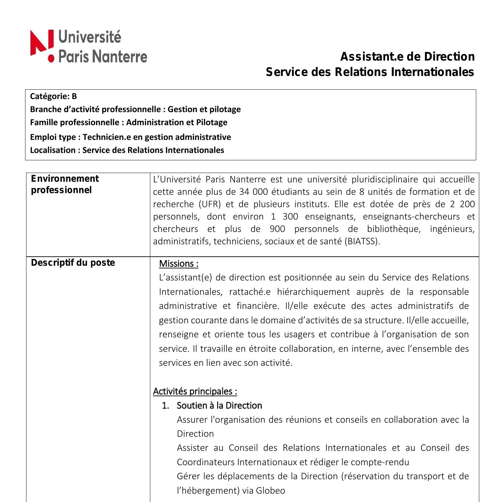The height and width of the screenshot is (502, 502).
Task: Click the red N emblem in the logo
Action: pos(42,42)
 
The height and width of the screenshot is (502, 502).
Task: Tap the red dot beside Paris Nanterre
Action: pos(51,59)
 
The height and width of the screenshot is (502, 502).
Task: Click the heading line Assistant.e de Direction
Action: pos(407,57)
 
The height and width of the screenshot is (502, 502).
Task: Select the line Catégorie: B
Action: pos(53,96)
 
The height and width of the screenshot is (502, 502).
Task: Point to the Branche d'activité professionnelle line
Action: pos(135,109)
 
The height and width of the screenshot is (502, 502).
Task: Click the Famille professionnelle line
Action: pos(129,122)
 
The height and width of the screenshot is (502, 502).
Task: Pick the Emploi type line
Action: pos(130,137)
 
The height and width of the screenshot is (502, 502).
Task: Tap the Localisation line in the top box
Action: pos(127,150)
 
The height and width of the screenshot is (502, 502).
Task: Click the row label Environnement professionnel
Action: pos(65,184)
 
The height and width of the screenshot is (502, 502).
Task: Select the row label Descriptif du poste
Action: pos(73,263)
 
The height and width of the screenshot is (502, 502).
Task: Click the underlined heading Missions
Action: pos(178,264)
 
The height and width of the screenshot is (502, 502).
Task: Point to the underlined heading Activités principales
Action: pos(195,391)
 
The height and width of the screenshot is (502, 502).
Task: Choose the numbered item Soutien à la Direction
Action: pos(219,406)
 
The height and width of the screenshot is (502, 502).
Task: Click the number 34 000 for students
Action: pos(251,192)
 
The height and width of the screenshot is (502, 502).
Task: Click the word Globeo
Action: pos(270,491)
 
